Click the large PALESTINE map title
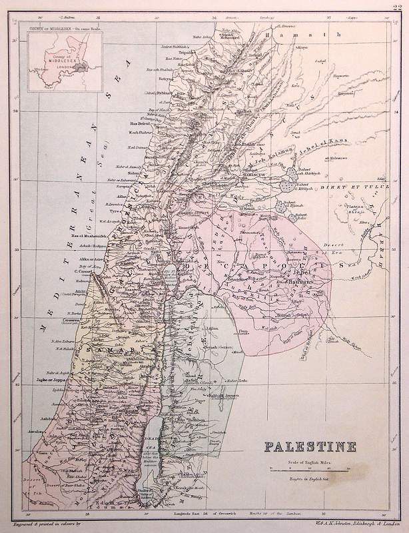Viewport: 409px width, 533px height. click(310, 446)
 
